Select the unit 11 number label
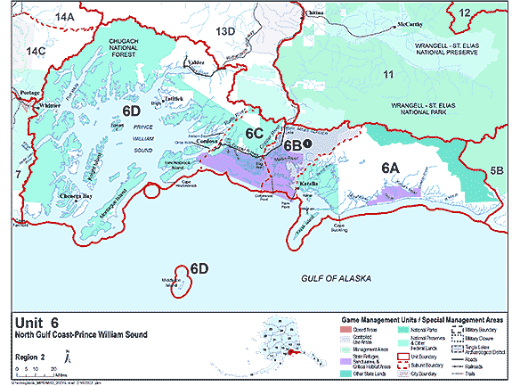386,74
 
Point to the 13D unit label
226,32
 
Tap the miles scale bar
36,372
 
